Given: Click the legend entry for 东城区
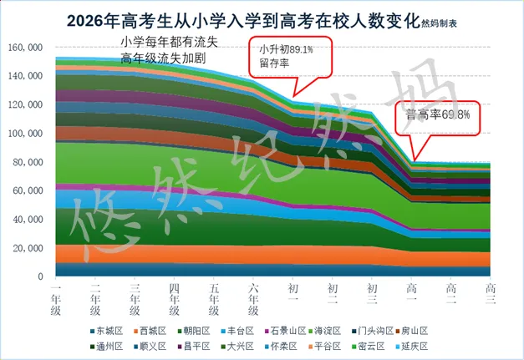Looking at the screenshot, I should (x=109, y=331).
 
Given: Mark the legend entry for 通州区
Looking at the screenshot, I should (x=109, y=345).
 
